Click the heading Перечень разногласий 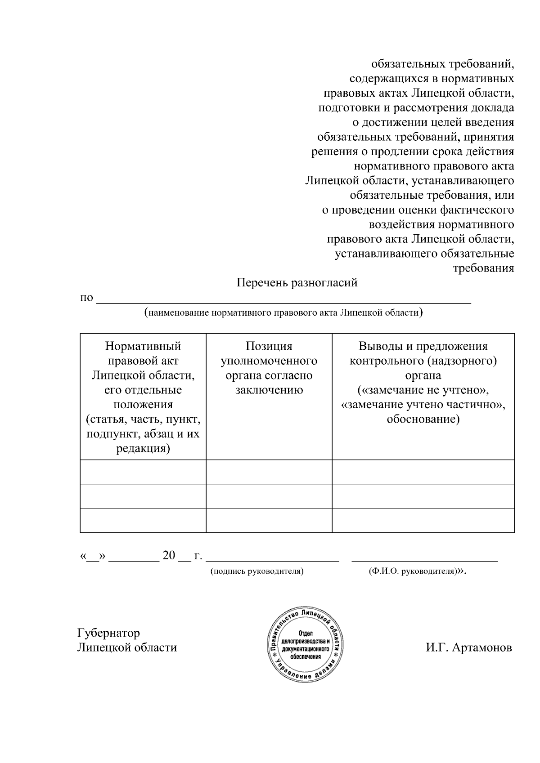pos(297,283)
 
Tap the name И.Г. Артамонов pos(469,647)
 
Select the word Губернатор pos(108,633)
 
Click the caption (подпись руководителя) pos(257,571)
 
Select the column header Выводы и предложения pos(423,346)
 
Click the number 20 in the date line pos(169,556)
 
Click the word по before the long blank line pos(86,298)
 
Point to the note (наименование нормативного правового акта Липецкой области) pos(283,312)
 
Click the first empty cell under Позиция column pos(269,472)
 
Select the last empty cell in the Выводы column pos(423,520)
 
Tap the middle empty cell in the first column pos(143,496)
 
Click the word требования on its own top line pos(483,268)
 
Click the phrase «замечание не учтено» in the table pos(423,390)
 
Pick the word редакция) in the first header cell pos(143,449)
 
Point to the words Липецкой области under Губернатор pos(127,647)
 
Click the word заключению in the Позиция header pos(269,390)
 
